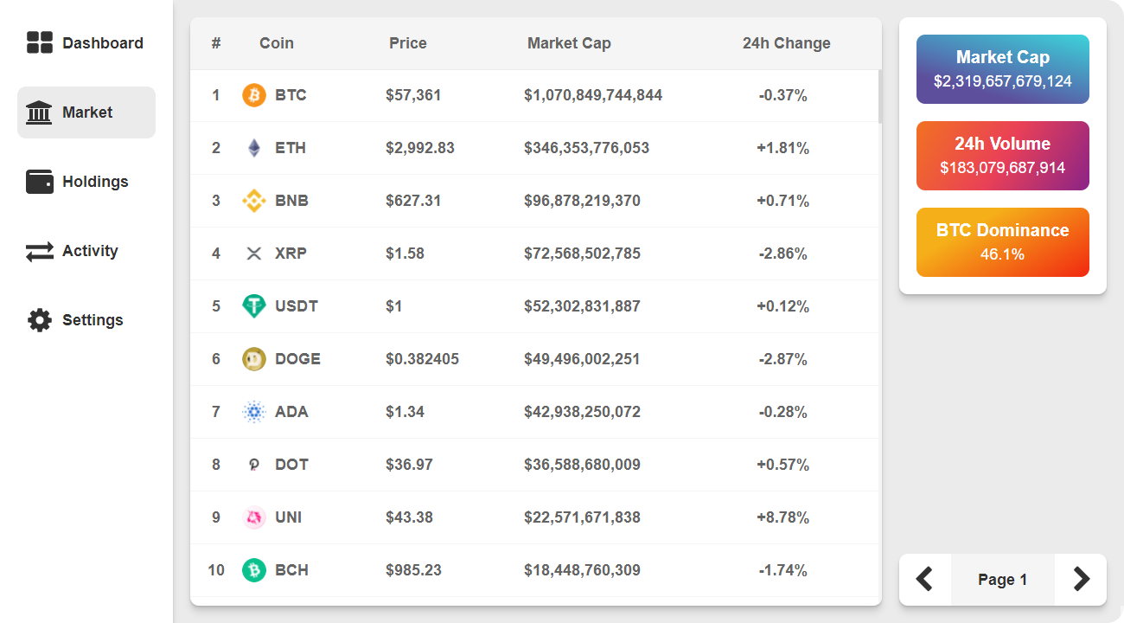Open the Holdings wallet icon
(x=40, y=182)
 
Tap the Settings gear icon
(x=40, y=320)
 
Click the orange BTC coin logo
(x=253, y=95)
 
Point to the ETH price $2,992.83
(x=420, y=148)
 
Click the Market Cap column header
(x=569, y=43)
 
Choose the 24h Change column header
(x=786, y=43)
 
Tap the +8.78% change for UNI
(x=782, y=517)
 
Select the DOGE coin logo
(x=253, y=359)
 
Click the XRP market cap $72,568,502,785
(x=582, y=254)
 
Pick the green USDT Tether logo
(x=253, y=306)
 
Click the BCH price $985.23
(x=413, y=570)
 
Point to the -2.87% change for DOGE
(x=782, y=359)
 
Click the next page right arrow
(x=1081, y=579)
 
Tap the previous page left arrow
(x=924, y=579)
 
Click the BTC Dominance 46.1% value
(x=1002, y=254)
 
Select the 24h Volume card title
(x=1002, y=144)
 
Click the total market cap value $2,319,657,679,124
(x=1002, y=81)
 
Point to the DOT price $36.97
(x=409, y=465)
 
